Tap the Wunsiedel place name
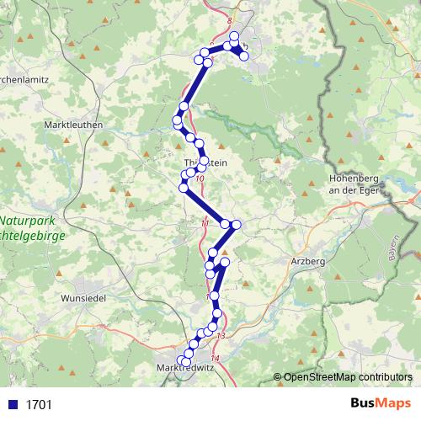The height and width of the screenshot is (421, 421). [86, 297]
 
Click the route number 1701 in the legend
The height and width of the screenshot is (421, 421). [39, 404]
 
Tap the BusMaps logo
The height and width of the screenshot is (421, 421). [381, 403]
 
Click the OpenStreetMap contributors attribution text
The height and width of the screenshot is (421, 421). [348, 377]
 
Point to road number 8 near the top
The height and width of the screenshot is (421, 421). [230, 18]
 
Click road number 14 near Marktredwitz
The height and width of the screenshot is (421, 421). [215, 360]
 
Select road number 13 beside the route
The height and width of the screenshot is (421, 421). [221, 337]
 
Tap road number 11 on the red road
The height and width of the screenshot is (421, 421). [205, 223]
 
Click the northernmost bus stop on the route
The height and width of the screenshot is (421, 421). [234, 37]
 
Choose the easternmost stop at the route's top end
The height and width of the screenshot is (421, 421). [244, 56]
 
